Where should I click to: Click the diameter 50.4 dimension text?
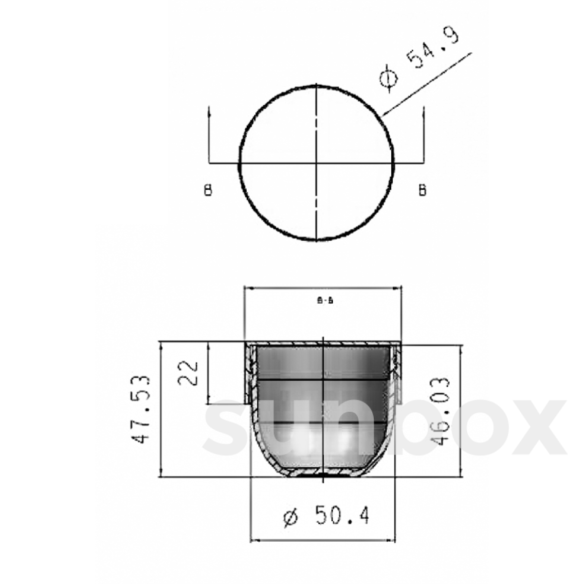[x=326, y=516]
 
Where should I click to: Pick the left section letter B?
[x=208, y=190]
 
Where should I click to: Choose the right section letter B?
[x=422, y=190]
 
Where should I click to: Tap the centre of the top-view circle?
[x=316, y=163]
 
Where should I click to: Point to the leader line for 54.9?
[x=428, y=83]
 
